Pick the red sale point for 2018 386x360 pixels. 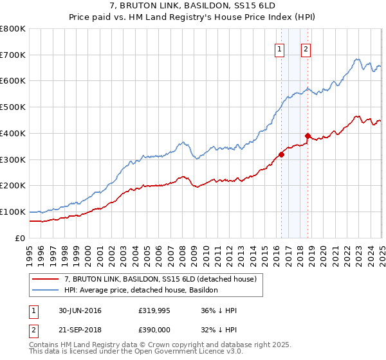(x=308, y=136)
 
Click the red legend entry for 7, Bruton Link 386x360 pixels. (x=160, y=278)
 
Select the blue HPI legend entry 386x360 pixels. (x=142, y=290)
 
